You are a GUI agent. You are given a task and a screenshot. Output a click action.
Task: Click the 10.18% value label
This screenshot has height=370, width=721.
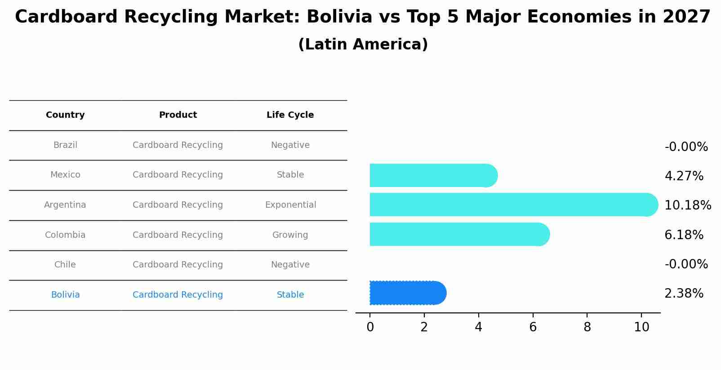tap(687, 205)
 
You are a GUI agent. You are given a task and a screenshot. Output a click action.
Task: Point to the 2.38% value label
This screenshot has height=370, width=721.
tap(684, 294)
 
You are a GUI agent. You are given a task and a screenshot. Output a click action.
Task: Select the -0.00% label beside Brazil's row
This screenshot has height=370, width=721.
tap(686, 147)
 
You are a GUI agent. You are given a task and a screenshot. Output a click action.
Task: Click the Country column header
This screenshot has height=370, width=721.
tap(65, 115)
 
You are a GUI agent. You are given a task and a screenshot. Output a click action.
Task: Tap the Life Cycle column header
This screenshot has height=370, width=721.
tap(290, 115)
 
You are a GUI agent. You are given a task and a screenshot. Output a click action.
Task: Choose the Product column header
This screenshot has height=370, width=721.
tap(178, 115)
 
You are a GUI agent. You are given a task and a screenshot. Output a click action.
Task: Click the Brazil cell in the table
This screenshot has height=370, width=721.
tap(65, 145)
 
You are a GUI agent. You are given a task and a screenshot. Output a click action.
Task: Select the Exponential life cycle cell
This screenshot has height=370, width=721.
tap(290, 205)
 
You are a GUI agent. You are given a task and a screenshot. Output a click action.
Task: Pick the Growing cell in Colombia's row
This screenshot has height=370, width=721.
tap(290, 235)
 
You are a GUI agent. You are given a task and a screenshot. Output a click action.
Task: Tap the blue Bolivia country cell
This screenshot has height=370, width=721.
tap(65, 295)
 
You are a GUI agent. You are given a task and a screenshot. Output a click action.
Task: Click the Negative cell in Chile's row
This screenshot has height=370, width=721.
tap(290, 265)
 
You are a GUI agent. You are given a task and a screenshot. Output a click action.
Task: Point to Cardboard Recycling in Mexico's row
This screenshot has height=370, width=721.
tap(178, 175)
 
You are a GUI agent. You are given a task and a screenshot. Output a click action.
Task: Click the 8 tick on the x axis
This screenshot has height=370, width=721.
tap(587, 327)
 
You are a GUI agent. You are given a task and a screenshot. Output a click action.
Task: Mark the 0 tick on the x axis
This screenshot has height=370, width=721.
tap(370, 327)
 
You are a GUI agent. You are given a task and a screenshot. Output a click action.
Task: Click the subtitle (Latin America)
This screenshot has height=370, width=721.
tap(363, 45)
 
